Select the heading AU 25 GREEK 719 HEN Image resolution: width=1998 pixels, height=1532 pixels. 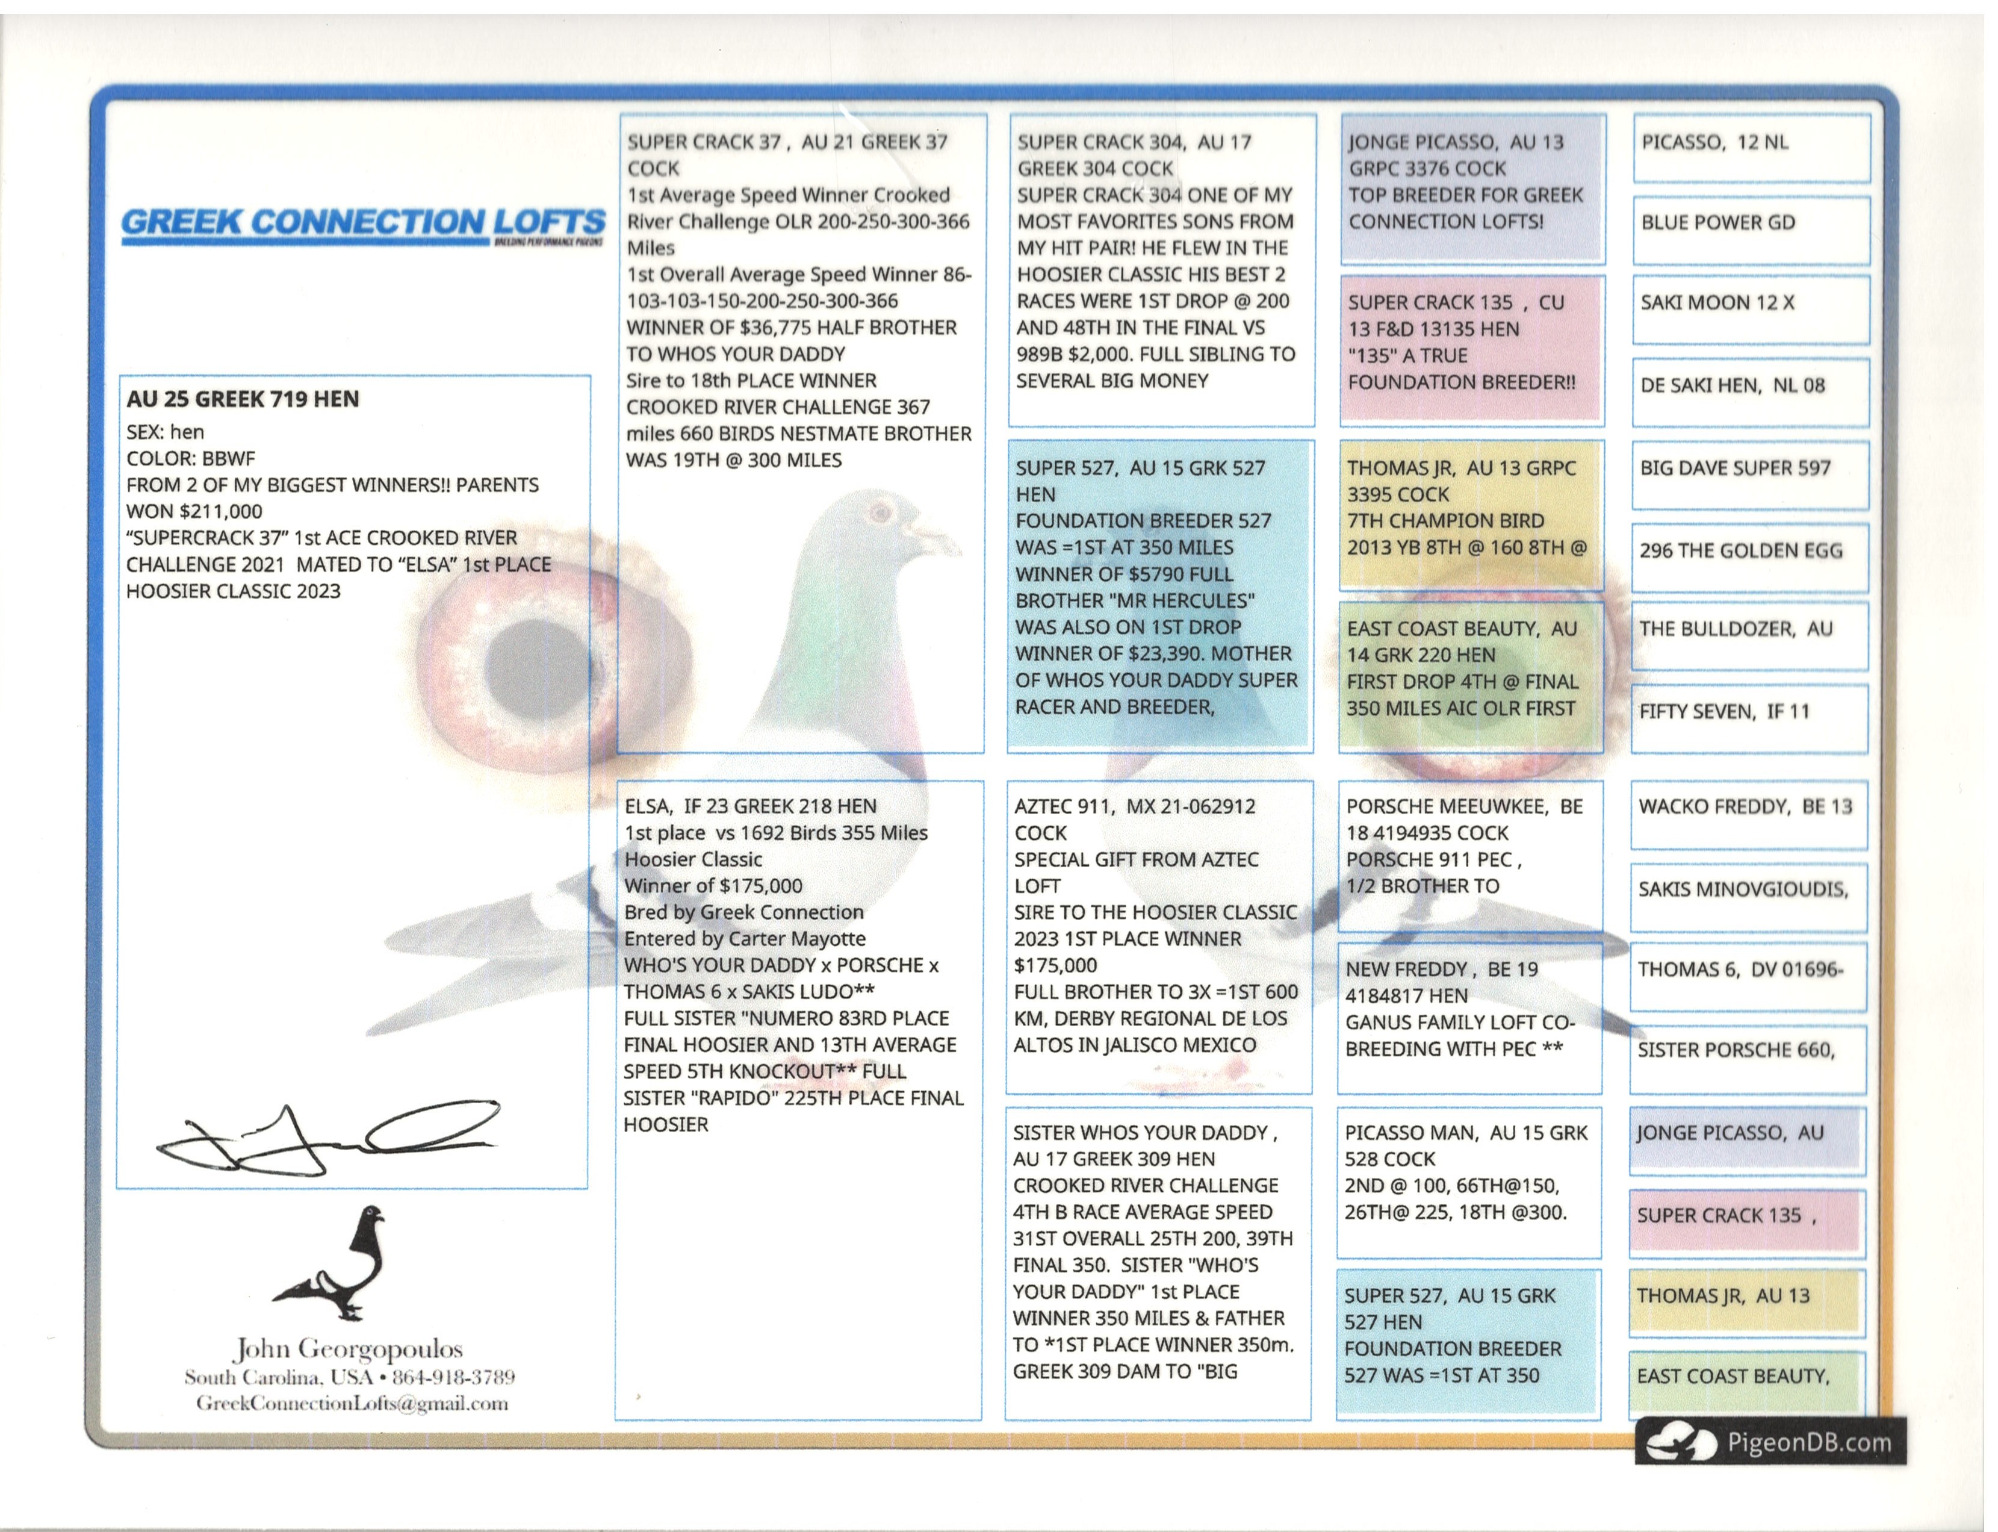tap(243, 399)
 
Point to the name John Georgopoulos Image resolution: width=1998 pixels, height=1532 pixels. tap(349, 1349)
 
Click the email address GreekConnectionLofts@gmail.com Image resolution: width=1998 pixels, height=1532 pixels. tap(352, 1403)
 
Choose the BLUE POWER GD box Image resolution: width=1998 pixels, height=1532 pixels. tap(1750, 228)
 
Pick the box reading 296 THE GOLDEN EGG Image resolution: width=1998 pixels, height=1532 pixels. tap(1748, 556)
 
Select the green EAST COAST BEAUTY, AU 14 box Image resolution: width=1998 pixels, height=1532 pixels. tap(1470, 675)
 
